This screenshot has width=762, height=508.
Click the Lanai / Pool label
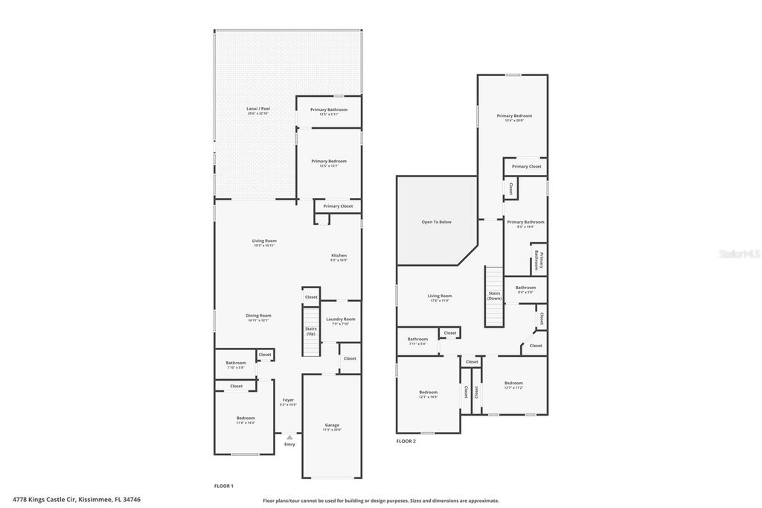coord(258,110)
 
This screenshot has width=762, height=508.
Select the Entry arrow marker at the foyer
coord(289,436)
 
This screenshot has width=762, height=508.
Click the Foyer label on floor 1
coord(288,402)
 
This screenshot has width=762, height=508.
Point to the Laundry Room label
coord(340,321)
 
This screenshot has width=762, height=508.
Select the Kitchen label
coord(339,258)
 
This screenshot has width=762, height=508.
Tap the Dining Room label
coord(258,317)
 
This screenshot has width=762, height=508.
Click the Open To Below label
coord(436,222)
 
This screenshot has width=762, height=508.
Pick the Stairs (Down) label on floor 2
coord(495,295)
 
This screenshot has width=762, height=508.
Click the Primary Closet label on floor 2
coord(526,166)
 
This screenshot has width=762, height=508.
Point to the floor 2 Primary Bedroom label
coord(514,118)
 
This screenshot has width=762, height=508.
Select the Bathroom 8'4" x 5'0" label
coord(525,289)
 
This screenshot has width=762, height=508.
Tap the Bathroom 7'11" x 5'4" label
coord(417,341)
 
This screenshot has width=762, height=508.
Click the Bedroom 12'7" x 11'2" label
coord(513,385)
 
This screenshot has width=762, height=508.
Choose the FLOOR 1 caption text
coord(224,486)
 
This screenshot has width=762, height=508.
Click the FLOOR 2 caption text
coord(406,441)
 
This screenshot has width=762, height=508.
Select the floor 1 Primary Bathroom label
coord(328,112)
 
